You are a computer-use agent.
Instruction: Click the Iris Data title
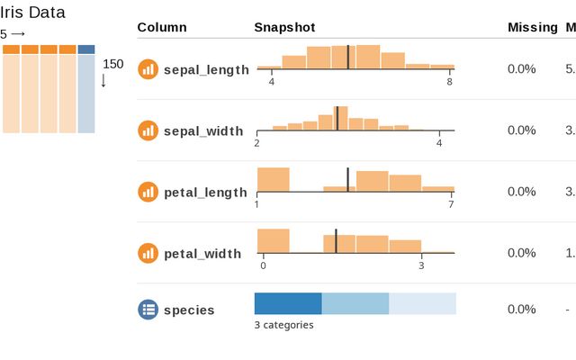pos(32,14)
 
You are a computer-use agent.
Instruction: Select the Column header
pos(162,27)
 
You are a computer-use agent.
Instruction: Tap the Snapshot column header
pos(284,27)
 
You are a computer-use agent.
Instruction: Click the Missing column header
pos(533,27)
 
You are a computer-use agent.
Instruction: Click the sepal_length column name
pos(206,69)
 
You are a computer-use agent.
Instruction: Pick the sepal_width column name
pos(203,130)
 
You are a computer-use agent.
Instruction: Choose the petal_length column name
pos(205,192)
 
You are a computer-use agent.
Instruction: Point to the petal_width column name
pos(202,253)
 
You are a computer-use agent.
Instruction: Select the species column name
pos(189,310)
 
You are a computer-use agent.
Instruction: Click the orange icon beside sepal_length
pos(148,68)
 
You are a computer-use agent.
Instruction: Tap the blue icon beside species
pos(148,310)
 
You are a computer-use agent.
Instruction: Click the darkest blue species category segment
pos(288,303)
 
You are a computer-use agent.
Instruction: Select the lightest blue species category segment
pos(422,303)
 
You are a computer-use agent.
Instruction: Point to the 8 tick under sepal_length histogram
pos(449,82)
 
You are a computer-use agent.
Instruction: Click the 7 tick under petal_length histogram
pos(451,204)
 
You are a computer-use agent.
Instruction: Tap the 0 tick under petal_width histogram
pos(263,265)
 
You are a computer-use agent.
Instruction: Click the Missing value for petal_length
pos(521,192)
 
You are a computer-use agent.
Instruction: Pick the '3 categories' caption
pos(283,325)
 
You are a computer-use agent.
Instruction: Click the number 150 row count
pos(113,64)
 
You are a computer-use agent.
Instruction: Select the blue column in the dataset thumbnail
pos(86,90)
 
